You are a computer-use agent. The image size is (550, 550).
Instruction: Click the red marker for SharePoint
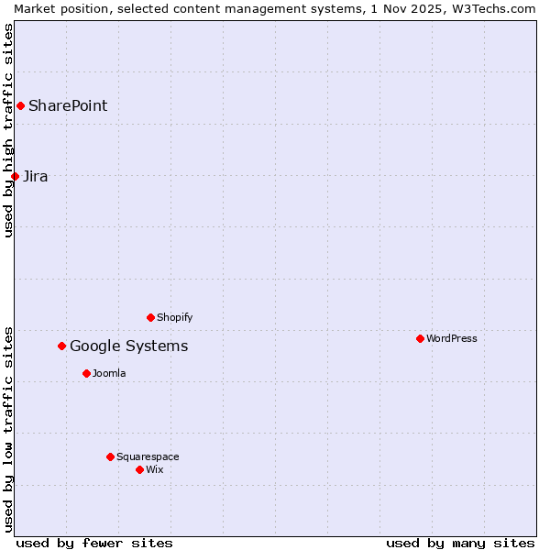coord(20,105)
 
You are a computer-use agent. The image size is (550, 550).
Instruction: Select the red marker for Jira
coord(15,176)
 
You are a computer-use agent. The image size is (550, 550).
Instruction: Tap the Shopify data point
coord(150,317)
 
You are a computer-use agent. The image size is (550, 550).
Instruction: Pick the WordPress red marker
coord(420,338)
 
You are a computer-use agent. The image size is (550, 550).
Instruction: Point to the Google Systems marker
coord(62,346)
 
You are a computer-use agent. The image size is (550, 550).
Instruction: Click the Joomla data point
coord(86,373)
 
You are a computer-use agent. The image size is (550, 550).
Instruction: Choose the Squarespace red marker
coord(110,456)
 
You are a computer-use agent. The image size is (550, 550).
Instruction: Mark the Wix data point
coord(139,469)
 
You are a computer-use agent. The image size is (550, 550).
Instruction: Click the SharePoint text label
coord(68,105)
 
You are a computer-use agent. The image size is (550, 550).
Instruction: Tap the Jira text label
coord(36,176)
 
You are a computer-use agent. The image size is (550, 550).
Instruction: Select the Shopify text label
coord(174,317)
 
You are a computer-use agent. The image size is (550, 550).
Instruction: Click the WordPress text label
coord(451,338)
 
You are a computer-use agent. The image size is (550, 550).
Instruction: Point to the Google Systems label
coord(129,346)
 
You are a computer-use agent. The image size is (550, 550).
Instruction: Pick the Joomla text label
coord(109,373)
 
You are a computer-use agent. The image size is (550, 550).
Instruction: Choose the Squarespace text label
coord(148,456)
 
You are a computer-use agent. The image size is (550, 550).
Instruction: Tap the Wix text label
coord(154,469)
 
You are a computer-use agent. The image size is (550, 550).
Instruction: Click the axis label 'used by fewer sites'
coord(94,543)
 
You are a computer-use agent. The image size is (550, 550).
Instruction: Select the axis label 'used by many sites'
coord(460,543)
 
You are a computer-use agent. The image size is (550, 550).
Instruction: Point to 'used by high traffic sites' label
coord(8,130)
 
